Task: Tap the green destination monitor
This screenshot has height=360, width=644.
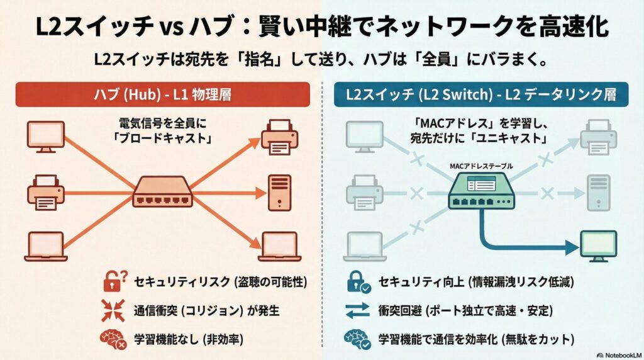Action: pos(598,245)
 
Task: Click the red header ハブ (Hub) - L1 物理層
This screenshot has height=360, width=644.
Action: pos(163,96)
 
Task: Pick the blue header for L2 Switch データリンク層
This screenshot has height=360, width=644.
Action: pos(481,96)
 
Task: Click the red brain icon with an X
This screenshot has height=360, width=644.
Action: pos(114,339)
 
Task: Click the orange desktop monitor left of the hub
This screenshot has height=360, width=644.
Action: pos(46,137)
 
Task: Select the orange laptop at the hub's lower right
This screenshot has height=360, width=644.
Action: pos(279,246)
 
